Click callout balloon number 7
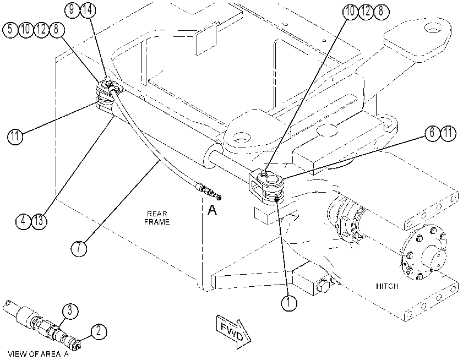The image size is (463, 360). click(79, 248)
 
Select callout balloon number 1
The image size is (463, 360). click(289, 302)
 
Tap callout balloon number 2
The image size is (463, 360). click(99, 331)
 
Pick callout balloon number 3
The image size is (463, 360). click(70, 312)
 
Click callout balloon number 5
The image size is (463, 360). click(10, 30)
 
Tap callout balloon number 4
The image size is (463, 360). click(24, 221)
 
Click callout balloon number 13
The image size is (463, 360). click(39, 221)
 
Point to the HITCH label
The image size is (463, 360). click(387, 286)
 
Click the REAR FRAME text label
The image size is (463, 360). click(157, 218)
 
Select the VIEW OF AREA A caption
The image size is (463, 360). click(38, 354)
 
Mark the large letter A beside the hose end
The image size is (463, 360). click(213, 210)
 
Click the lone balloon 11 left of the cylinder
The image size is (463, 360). click(15, 137)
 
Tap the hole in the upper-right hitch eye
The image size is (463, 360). click(433, 29)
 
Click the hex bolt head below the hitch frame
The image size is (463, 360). click(323, 285)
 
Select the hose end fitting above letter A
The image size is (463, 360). click(208, 191)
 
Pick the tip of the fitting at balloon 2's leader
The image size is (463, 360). click(79, 346)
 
